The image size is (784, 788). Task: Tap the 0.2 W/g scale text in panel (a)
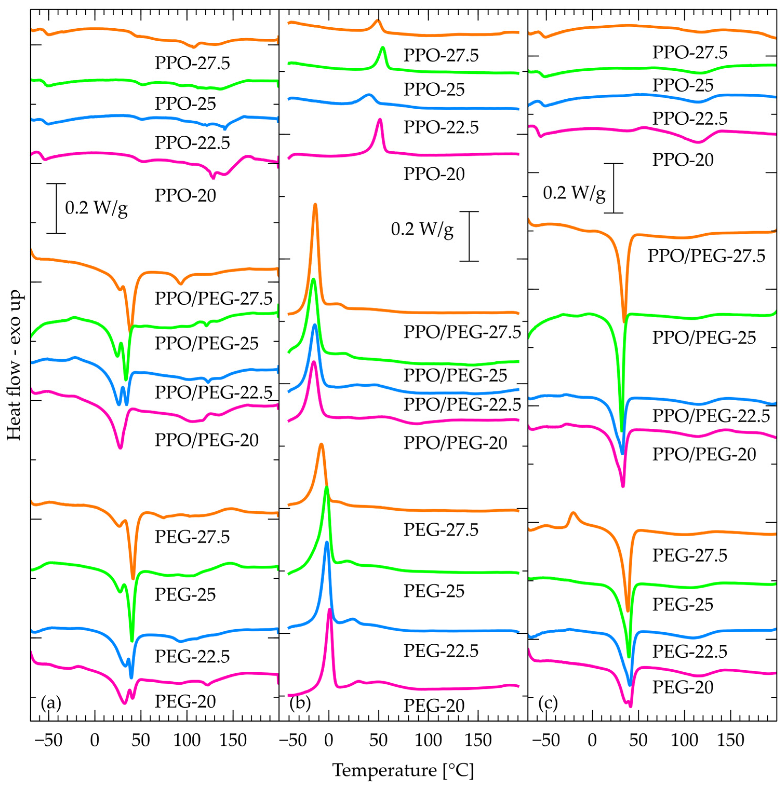point(96,208)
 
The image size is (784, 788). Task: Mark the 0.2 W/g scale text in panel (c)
point(574,192)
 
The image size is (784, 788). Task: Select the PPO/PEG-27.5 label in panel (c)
point(706,256)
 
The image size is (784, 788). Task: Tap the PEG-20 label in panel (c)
point(682,687)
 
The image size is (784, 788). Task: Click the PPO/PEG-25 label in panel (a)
point(206,344)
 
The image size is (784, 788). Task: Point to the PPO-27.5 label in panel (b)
point(441,55)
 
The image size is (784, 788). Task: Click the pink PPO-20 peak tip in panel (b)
point(380,120)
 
